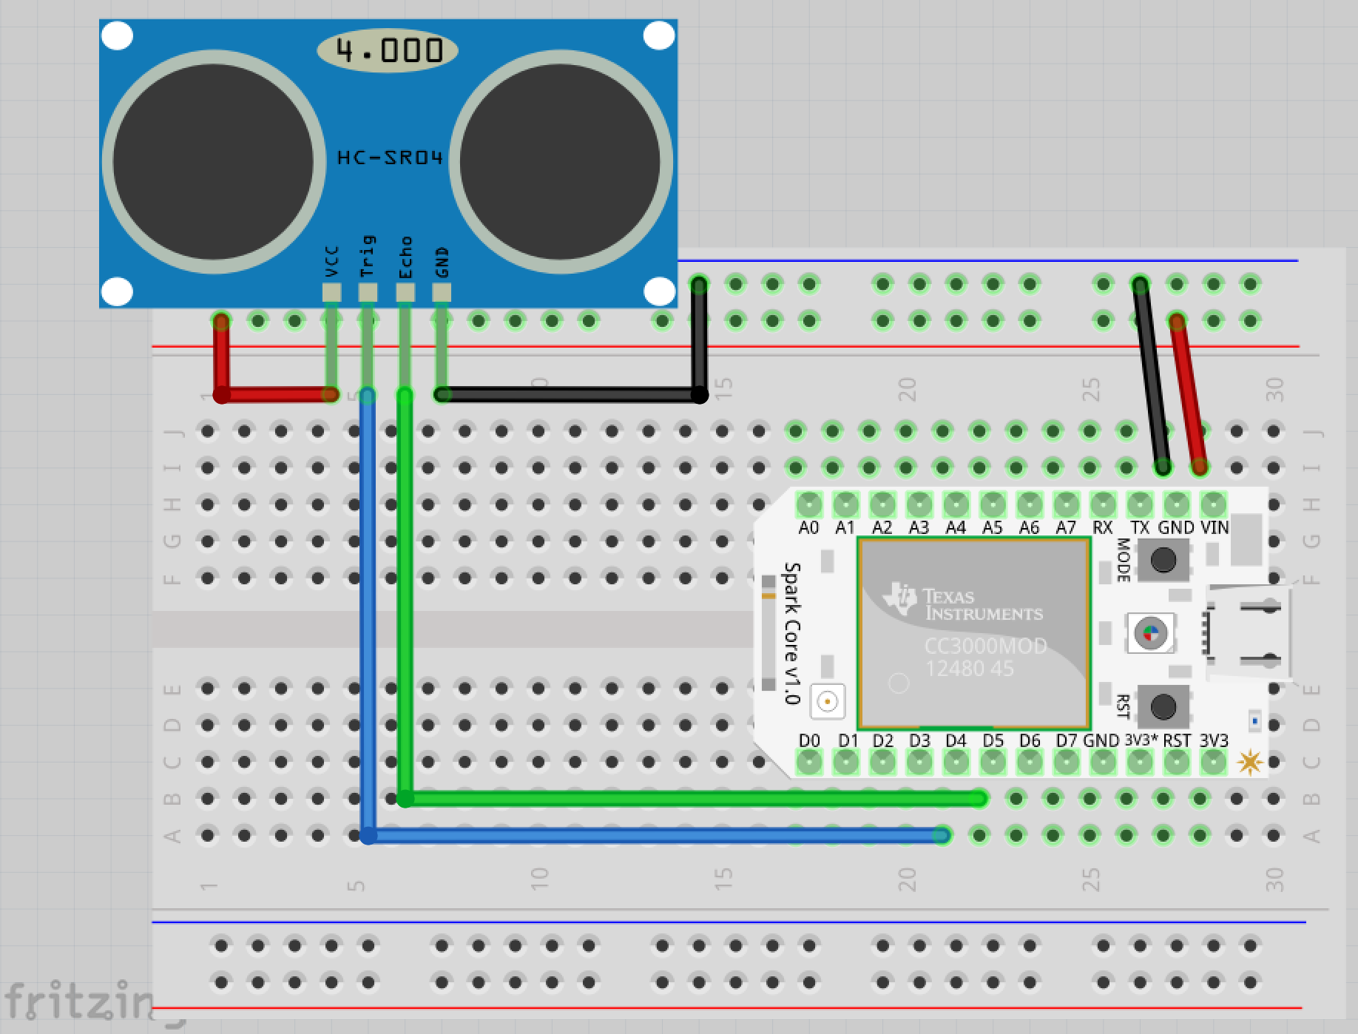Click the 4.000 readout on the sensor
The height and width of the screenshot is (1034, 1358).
point(388,50)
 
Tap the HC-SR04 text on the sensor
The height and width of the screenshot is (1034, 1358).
point(390,158)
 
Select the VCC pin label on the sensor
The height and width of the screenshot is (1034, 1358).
point(331,263)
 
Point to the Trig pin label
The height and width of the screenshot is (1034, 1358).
point(368,256)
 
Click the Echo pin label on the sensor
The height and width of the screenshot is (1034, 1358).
point(405,257)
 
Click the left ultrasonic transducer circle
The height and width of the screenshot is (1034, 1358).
point(213,162)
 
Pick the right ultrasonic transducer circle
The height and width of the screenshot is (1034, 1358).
point(560,162)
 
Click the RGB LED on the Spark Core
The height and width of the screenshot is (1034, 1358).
point(1150,632)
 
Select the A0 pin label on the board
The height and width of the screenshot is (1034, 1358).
point(809,528)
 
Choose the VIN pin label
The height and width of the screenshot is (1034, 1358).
point(1215,528)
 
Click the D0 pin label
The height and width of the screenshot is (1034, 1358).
point(810,740)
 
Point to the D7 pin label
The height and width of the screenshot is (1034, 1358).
point(1067,740)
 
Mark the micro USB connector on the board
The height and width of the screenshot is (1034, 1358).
point(1250,632)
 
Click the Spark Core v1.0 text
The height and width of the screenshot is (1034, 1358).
point(792,632)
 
